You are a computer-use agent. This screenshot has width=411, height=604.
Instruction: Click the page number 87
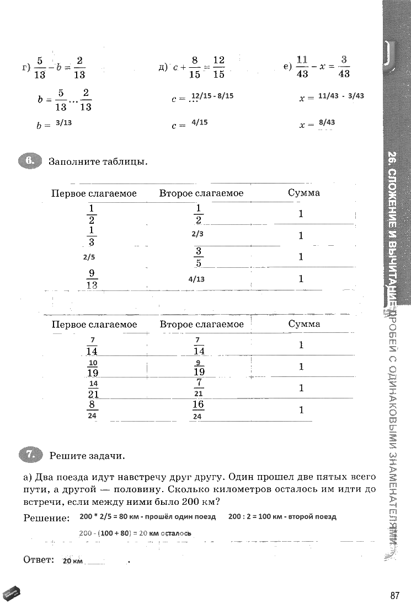394,595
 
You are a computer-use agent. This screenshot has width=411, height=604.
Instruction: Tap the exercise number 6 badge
29,162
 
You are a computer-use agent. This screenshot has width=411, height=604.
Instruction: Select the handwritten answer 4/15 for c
199,123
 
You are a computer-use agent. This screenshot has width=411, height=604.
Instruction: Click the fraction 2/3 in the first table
198,234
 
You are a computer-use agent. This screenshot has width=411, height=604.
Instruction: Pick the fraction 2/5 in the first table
89,257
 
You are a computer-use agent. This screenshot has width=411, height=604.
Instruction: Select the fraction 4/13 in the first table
196,279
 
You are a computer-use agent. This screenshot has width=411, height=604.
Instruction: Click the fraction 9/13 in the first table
92,279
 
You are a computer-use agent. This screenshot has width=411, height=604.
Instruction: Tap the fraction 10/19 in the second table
93,367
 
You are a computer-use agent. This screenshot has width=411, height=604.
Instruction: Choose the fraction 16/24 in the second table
198,410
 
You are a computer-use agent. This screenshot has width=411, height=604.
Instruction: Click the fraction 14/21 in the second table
93,389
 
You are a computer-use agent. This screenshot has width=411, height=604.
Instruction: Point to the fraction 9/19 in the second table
199,367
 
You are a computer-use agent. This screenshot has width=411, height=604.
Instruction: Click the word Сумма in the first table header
303,193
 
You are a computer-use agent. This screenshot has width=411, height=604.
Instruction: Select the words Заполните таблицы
98,162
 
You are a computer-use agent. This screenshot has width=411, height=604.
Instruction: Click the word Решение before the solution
47,518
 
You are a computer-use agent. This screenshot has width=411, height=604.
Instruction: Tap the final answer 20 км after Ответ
73,561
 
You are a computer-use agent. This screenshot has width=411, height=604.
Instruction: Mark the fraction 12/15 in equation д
218,67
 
